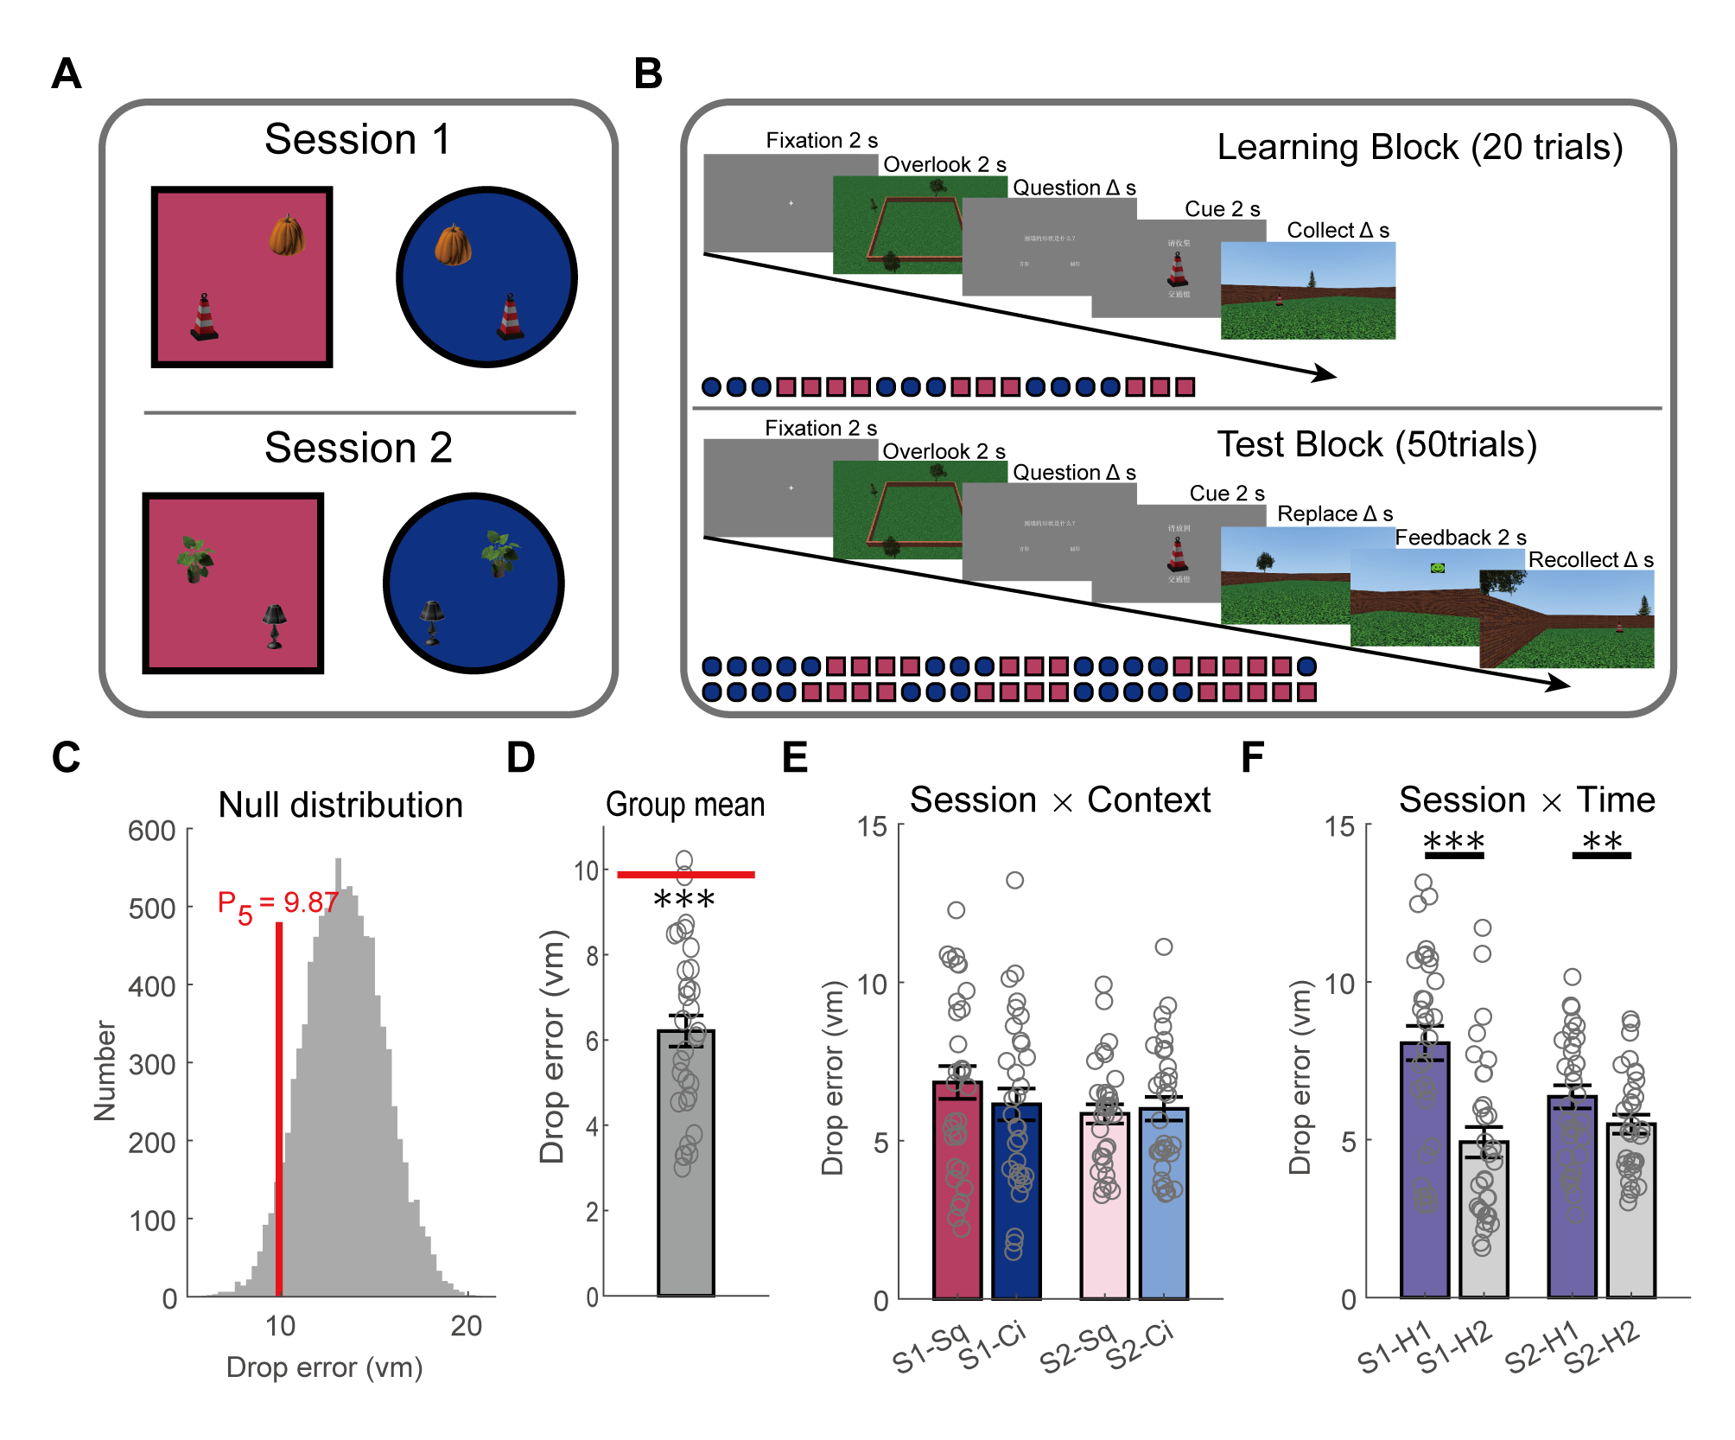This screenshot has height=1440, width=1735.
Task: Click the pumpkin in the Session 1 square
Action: pos(286,235)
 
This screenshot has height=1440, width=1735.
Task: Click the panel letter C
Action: pos(67,758)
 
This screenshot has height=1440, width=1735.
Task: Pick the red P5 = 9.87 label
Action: pos(276,904)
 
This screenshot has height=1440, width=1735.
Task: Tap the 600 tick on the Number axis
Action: pos(152,832)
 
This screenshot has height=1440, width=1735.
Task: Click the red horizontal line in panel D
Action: pos(685,875)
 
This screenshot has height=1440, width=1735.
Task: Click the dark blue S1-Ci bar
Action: pos(1016,1201)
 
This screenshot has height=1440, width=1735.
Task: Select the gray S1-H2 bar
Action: pos(1484,1219)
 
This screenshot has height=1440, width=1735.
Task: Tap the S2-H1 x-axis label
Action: pos(1543,1348)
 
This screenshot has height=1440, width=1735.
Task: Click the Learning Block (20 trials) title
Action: pos(1420,148)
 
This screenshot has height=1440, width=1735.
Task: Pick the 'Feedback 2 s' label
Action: pos(1460,538)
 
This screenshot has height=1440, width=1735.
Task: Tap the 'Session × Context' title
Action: pos(1060,800)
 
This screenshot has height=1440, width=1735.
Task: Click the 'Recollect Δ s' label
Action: pos(1590,560)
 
